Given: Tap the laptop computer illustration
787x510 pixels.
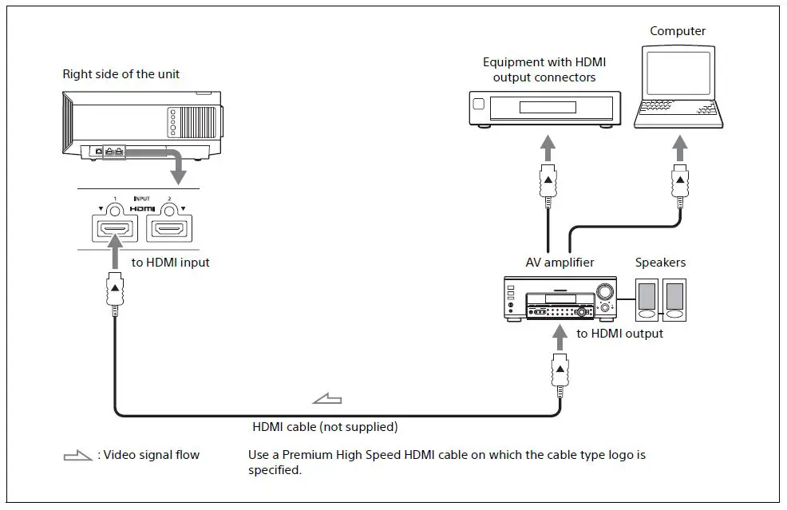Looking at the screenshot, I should (679, 87).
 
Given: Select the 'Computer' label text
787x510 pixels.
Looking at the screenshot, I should (678, 32).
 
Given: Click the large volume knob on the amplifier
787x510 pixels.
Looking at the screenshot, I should (605, 291).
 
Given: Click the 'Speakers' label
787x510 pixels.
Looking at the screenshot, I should (660, 263).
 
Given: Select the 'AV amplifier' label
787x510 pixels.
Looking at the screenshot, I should (560, 263).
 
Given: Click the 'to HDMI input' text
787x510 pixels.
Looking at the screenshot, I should (171, 263).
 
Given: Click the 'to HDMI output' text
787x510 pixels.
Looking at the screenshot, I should (619, 334).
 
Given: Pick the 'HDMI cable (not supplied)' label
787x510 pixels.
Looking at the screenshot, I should (325, 427).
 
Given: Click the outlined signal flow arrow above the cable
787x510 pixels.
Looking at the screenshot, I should (328, 397).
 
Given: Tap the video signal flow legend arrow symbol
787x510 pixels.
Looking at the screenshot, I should (78, 456).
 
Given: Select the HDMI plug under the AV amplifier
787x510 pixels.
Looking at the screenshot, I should (560, 374).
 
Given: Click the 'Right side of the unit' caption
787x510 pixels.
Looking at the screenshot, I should (121, 74).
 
